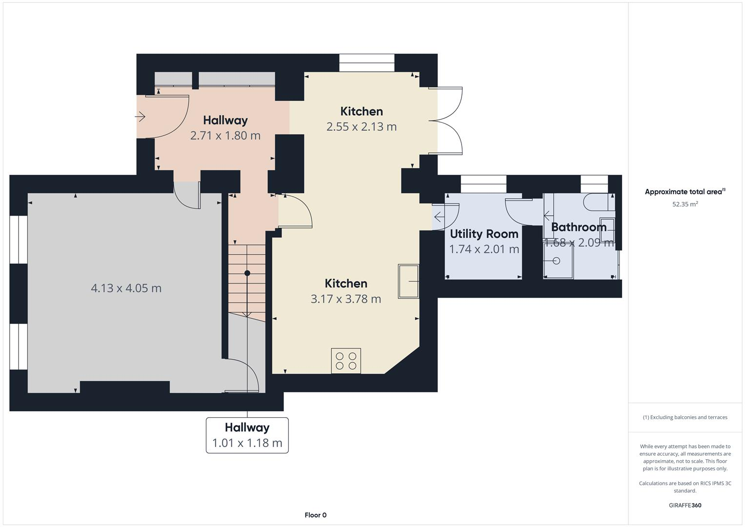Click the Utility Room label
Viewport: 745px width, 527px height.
[484, 234]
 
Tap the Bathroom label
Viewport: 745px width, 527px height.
[579, 227]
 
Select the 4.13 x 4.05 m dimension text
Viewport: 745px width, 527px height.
[126, 288]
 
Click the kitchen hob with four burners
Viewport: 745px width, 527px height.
[346, 361]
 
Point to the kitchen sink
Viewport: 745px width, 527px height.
[408, 281]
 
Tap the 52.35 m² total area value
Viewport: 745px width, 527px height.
[685, 204]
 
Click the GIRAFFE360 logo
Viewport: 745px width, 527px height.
[685, 506]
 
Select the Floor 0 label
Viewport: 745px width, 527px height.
[315, 515]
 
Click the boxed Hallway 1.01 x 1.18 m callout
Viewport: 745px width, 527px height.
[247, 435]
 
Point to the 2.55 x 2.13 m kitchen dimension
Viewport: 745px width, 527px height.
[361, 127]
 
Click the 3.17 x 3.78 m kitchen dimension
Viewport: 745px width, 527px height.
[345, 299]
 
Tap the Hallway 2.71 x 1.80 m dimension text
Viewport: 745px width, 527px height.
[225, 136]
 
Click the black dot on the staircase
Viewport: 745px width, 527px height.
[247, 273]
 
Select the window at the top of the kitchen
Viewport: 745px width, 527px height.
[366, 63]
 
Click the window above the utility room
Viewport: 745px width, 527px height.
[483, 184]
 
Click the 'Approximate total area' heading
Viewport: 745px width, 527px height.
[685, 192]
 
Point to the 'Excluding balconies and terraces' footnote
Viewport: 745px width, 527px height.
[685, 418]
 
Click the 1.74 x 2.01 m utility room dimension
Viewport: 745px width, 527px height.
[484, 249]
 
